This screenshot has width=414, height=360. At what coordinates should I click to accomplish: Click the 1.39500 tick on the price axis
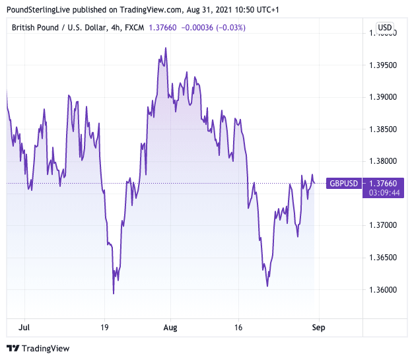383,65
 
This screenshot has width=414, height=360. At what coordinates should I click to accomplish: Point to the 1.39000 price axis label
383,97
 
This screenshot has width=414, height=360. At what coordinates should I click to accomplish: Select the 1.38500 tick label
383,129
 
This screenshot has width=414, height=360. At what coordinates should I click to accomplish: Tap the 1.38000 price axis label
383,161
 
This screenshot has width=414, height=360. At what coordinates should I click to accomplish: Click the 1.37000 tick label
383,225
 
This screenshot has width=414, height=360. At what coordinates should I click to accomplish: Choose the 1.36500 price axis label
383,258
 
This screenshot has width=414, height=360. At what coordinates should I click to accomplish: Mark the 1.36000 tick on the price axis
383,289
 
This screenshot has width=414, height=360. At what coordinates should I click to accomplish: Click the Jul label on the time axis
24,327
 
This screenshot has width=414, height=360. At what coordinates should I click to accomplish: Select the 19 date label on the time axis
104,327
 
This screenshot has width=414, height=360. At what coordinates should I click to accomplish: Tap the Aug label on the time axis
170,327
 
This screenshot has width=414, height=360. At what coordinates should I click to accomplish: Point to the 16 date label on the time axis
238,327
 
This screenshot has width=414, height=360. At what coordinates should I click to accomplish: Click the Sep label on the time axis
318,327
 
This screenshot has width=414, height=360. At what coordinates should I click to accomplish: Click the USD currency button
384,27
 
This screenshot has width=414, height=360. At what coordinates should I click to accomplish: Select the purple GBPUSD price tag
344,183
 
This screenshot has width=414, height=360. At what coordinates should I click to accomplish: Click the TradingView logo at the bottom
38,348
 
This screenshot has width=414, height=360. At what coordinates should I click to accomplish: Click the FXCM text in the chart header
137,27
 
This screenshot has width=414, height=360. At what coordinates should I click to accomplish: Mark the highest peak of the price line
165,48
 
